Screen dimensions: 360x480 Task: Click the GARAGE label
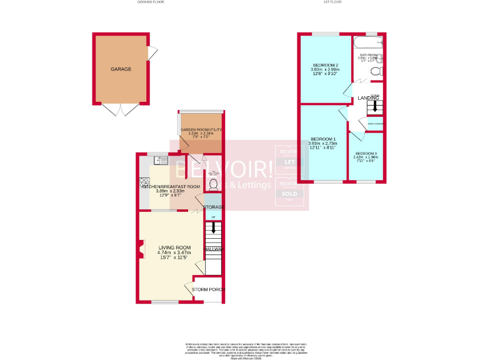121,69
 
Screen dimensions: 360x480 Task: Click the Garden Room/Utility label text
201,129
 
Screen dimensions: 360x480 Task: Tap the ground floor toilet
214,184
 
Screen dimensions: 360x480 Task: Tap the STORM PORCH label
207,290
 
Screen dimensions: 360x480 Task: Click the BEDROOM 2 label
325,65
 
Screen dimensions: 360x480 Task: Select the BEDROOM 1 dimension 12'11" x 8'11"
322,148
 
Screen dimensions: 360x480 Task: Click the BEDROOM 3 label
366,153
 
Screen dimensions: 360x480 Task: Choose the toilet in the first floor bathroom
376,71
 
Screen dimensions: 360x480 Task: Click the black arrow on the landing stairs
374,107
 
